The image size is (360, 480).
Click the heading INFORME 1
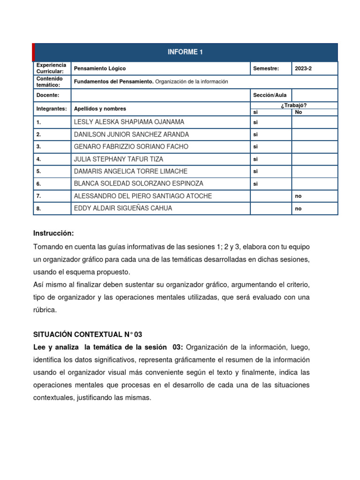(x=185, y=52)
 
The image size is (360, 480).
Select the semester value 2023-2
(x=303, y=68)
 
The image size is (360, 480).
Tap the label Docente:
(x=47, y=95)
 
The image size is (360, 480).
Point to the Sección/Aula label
(x=270, y=95)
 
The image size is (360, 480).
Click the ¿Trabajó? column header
(x=293, y=105)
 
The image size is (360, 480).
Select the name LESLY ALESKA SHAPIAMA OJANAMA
(x=129, y=122)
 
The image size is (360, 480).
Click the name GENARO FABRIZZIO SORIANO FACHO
(x=131, y=147)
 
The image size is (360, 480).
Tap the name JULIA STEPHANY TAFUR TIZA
(x=119, y=159)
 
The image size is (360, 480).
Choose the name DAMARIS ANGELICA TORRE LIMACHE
(x=129, y=172)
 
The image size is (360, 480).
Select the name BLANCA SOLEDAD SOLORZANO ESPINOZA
(x=138, y=184)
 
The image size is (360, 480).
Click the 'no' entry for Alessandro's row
(x=298, y=196)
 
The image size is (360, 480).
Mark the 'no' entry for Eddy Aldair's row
(x=298, y=209)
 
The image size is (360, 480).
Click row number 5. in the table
(x=39, y=172)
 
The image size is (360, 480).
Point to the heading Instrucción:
(x=53, y=233)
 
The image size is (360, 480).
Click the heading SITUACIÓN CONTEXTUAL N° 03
(x=87, y=335)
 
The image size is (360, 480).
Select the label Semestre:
(x=266, y=68)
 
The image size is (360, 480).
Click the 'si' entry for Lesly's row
(x=256, y=122)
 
